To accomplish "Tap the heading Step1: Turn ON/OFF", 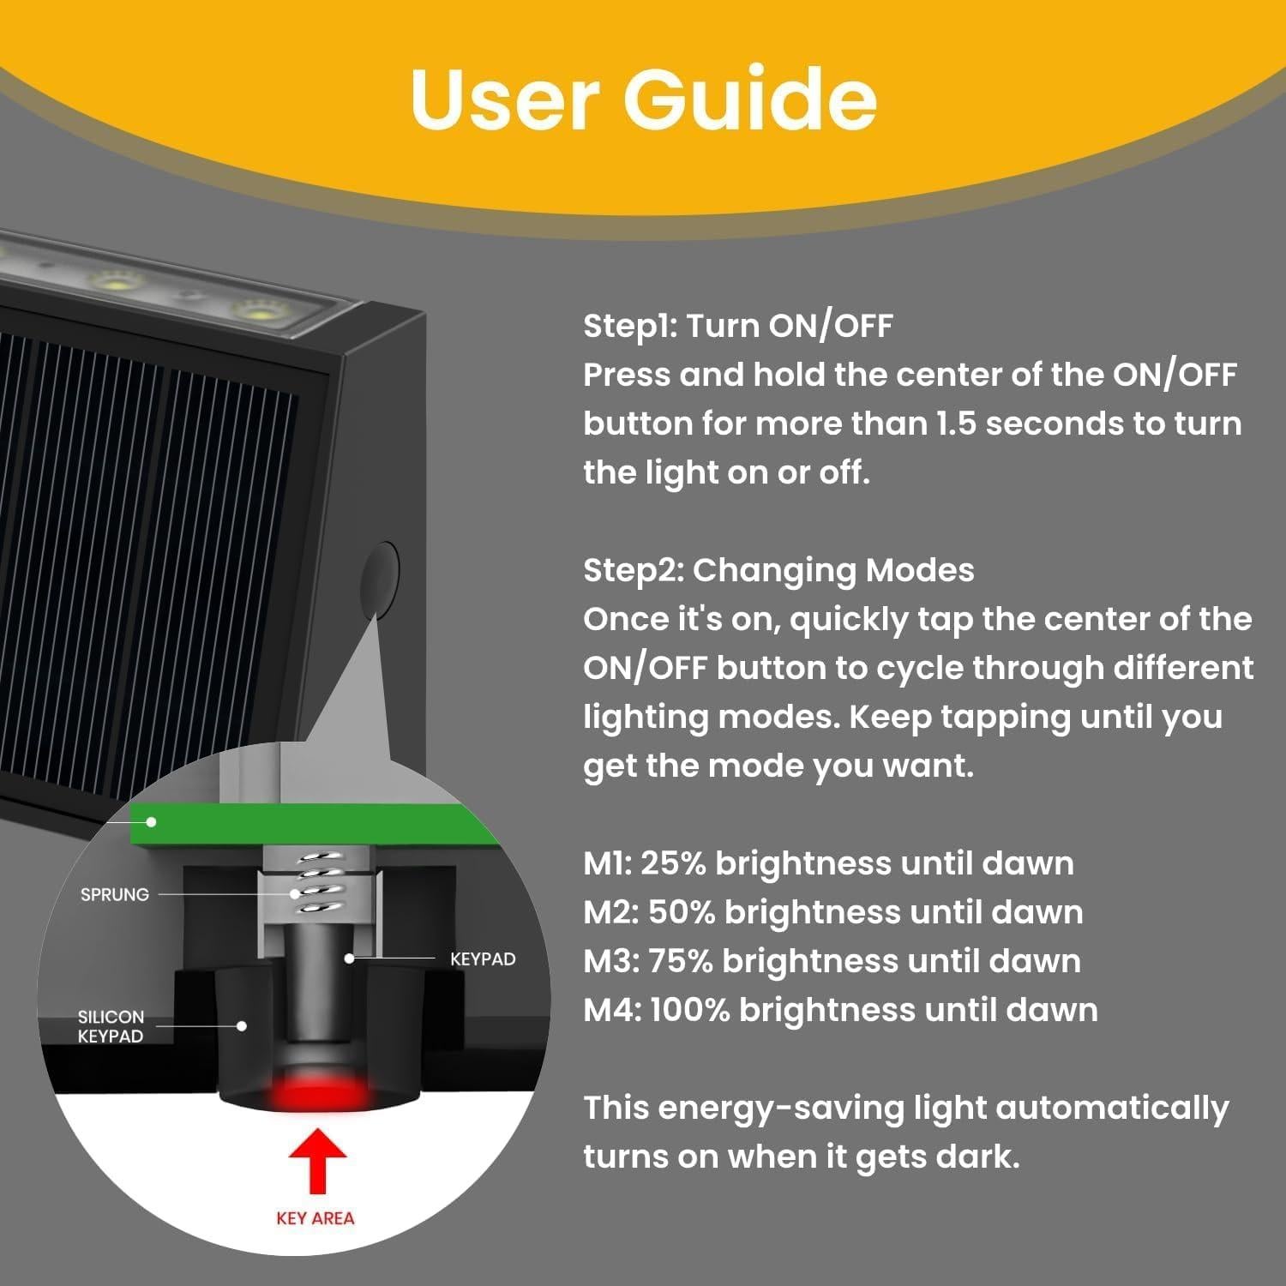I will pos(737,326).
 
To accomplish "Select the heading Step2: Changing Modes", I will pos(778,570).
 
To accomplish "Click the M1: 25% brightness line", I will pos(828,863).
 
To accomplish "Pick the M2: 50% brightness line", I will pos(832,912).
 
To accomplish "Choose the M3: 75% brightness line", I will pos(832,961).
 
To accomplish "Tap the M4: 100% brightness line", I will pos(840,1010).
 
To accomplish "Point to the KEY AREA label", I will pos(315,1218).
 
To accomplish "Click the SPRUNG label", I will pos(114,894).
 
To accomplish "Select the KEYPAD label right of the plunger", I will pos(483,959).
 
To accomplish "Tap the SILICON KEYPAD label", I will pos(111,1026).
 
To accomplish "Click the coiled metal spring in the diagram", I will pos(317,881).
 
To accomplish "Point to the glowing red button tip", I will pos(319,1093).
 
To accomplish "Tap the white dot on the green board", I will pos(152,821).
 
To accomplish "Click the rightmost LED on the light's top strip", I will pos(257,311).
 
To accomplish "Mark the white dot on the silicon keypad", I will pos(243,1025).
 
